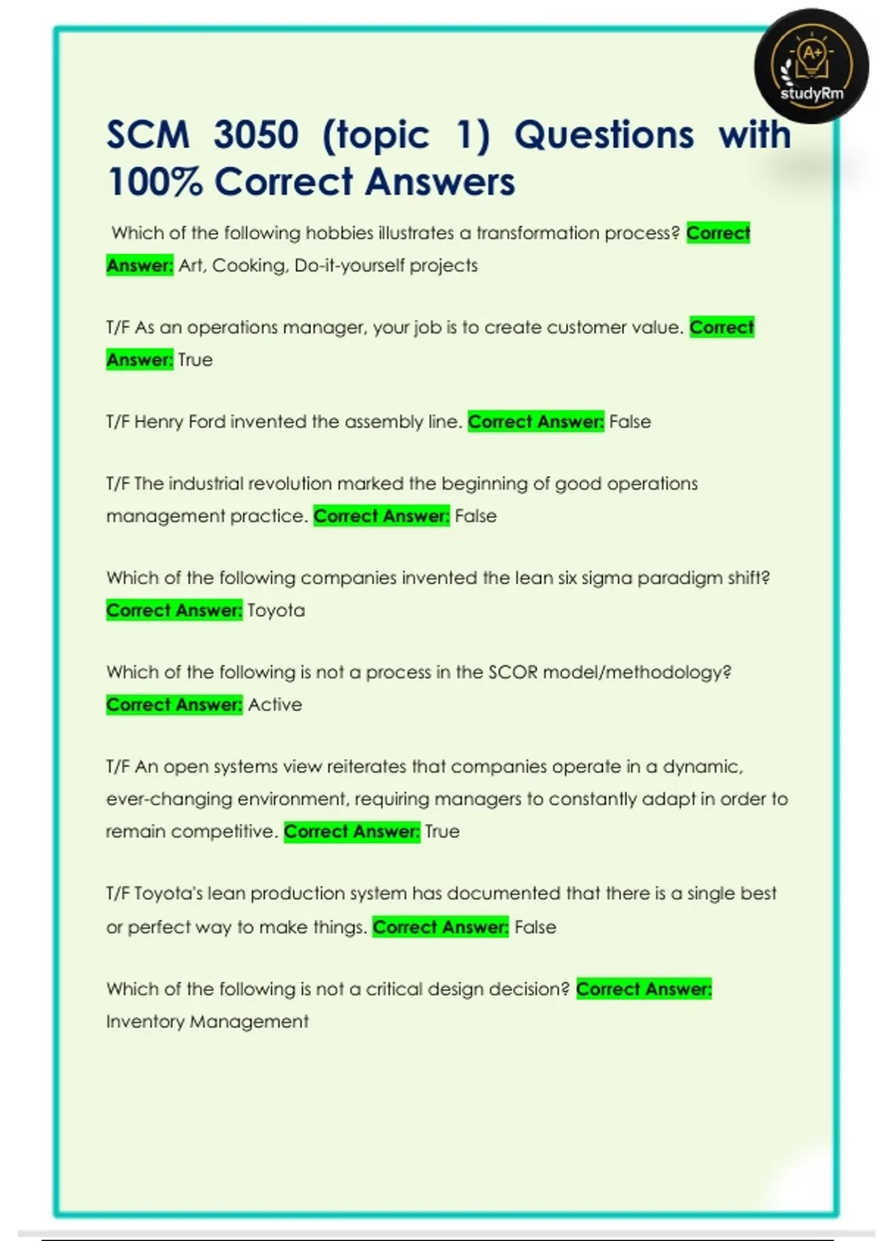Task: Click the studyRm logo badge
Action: pyautogui.click(x=811, y=66)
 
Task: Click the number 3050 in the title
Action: pyautogui.click(x=256, y=135)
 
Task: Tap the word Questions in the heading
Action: pyautogui.click(x=604, y=135)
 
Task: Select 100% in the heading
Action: pyautogui.click(x=154, y=182)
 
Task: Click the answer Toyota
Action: pyautogui.click(x=276, y=610)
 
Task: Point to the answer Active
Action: pyautogui.click(x=274, y=704)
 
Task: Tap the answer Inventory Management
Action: pyautogui.click(x=207, y=1021)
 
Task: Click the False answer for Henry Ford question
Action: pyautogui.click(x=630, y=422)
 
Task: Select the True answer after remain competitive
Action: pyautogui.click(x=442, y=831)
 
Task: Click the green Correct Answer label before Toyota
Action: pyautogui.click(x=174, y=610)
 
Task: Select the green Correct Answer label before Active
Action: pyautogui.click(x=174, y=704)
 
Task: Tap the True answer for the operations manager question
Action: pyautogui.click(x=195, y=360)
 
